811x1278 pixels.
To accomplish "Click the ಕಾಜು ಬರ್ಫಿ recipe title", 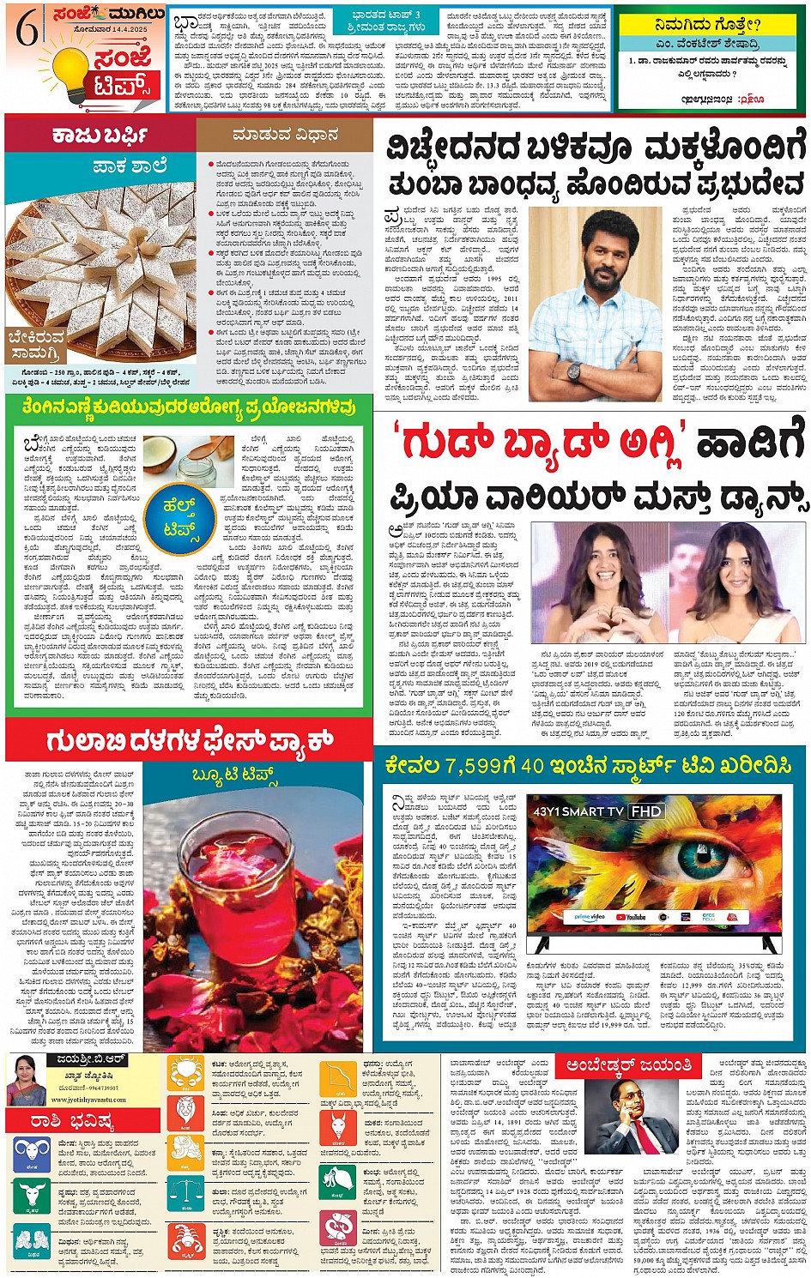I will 100,135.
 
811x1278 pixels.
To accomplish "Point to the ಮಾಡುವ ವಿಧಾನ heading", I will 285,135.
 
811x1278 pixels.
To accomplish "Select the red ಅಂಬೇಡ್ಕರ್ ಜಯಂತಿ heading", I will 629,1066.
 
